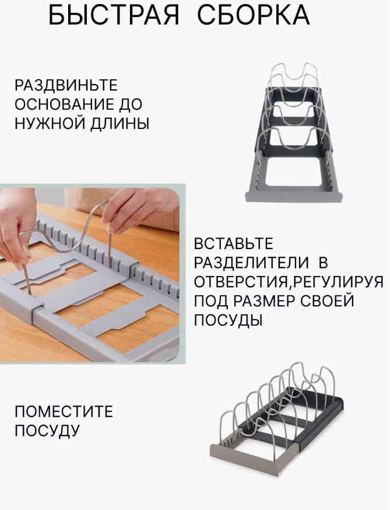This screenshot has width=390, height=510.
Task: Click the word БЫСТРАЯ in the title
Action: pyautogui.click(x=114, y=16)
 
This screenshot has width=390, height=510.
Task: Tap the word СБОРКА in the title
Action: pyautogui.click(x=254, y=16)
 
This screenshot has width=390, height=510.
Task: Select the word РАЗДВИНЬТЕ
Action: pyautogui.click(x=66, y=85)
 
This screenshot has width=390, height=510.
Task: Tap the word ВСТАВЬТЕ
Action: pyautogui.click(x=234, y=243)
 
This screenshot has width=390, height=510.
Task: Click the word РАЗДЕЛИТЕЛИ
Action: pyautogui.click(x=252, y=263)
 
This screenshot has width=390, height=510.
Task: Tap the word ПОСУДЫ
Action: pyautogui.click(x=228, y=320)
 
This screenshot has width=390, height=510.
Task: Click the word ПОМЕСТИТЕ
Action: pyautogui.click(x=64, y=411)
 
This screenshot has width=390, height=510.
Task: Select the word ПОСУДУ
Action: pyautogui.click(x=47, y=431)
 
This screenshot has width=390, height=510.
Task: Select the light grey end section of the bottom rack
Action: pyautogui.click(x=250, y=455)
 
